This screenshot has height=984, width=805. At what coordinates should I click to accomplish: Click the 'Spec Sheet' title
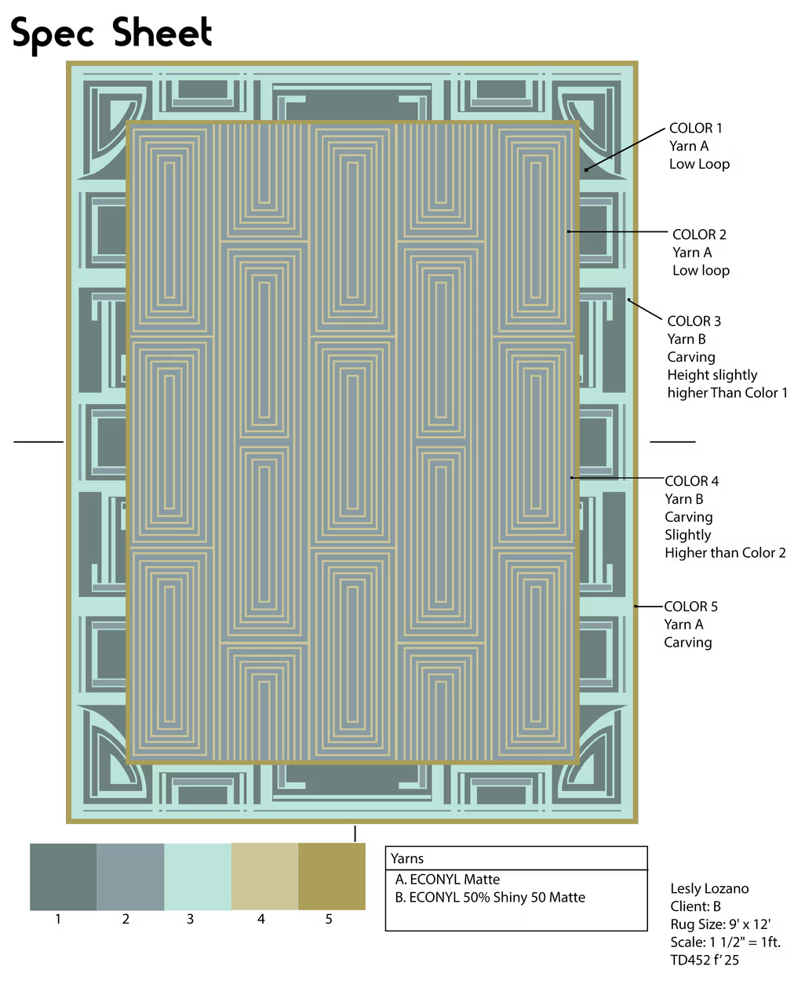click(x=111, y=34)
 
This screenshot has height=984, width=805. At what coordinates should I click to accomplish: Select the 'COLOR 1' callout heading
click(x=695, y=128)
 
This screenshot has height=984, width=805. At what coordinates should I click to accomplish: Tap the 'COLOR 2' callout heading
click(x=699, y=234)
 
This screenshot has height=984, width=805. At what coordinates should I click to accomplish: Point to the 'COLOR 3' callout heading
click(x=694, y=321)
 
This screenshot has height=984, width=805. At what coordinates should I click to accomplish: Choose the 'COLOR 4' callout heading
click(x=691, y=481)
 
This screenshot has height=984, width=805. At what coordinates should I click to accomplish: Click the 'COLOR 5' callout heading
click(x=690, y=607)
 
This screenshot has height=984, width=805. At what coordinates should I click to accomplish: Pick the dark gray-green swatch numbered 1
click(x=64, y=876)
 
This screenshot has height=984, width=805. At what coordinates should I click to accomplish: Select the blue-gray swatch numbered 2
click(x=131, y=876)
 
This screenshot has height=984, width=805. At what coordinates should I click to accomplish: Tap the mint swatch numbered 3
click(x=198, y=876)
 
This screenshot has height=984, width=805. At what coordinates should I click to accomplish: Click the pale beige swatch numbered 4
click(x=265, y=876)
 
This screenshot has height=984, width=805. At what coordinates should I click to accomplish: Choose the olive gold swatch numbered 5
click(x=332, y=876)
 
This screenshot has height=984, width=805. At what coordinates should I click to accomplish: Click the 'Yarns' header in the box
click(x=407, y=858)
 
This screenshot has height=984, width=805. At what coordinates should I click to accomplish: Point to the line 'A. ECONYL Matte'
click(x=447, y=880)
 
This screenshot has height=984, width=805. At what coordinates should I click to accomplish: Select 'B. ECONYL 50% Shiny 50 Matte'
click(x=490, y=897)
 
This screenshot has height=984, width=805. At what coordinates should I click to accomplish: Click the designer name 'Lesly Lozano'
click(x=709, y=889)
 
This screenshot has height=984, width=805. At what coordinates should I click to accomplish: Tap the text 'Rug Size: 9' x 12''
click(x=720, y=924)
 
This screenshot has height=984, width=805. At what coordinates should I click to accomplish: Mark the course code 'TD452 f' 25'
click(x=705, y=960)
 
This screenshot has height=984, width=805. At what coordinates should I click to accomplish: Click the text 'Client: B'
click(x=695, y=906)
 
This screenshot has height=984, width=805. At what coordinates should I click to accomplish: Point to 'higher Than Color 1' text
click(x=727, y=393)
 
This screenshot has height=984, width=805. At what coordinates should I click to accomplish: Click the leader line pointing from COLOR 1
click(x=625, y=149)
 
